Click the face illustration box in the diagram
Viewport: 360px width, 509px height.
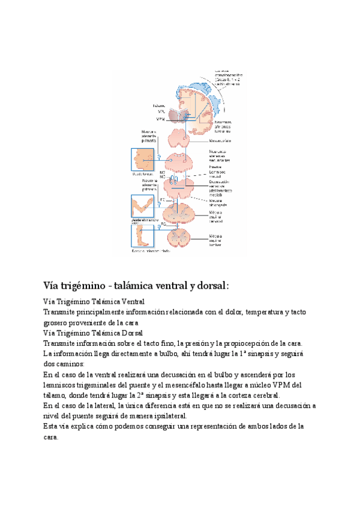(x=142, y=160)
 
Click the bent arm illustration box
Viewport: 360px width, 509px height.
(x=142, y=206)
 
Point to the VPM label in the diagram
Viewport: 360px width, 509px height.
(x=161, y=119)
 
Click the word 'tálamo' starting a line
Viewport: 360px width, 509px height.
(x=55, y=396)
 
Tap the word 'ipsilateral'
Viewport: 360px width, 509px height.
(x=167, y=416)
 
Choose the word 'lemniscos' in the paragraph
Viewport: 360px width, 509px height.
(x=61, y=385)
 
